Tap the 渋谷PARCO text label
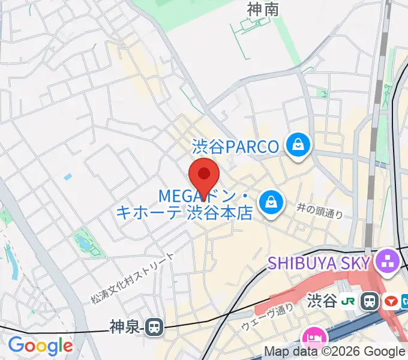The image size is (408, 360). [235, 146]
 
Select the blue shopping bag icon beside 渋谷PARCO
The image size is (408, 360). [297, 145]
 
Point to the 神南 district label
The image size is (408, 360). [262, 8]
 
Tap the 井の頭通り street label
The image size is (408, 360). [320, 210]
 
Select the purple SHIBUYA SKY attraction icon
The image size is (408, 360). [386, 261]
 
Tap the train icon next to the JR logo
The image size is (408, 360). [371, 300]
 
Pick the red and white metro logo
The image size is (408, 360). [392, 300]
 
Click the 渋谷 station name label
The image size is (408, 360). [323, 300]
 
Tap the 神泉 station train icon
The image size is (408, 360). [154, 327]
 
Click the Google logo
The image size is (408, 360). [40, 346]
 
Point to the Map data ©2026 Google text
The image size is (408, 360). [335, 352]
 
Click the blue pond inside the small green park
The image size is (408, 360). [82, 242]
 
